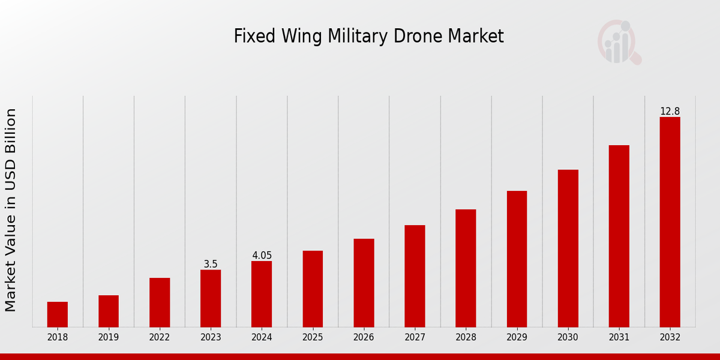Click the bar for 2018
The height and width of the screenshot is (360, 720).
[58, 314]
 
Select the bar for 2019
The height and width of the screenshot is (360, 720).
[109, 311]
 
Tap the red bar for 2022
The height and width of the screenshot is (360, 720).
[160, 302]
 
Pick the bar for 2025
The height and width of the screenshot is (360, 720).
[313, 289]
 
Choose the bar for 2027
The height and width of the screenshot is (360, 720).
[415, 276]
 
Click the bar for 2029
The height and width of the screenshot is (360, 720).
[517, 259]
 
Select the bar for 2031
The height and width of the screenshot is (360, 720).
[619, 236]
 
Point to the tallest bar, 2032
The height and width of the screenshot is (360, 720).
[670, 222]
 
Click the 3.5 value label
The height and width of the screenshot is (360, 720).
[211, 264]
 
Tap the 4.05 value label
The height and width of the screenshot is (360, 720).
[262, 256]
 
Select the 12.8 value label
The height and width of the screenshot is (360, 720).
[670, 112]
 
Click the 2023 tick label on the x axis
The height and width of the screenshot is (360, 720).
[211, 337]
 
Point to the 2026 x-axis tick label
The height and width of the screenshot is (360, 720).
[364, 337]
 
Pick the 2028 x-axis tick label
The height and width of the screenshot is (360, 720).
[466, 337]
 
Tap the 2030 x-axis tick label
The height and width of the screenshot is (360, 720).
[568, 337]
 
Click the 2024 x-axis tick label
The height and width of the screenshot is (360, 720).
[262, 337]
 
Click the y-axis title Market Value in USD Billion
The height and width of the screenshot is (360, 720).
[11, 210]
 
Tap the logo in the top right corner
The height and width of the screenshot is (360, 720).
[619, 42]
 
